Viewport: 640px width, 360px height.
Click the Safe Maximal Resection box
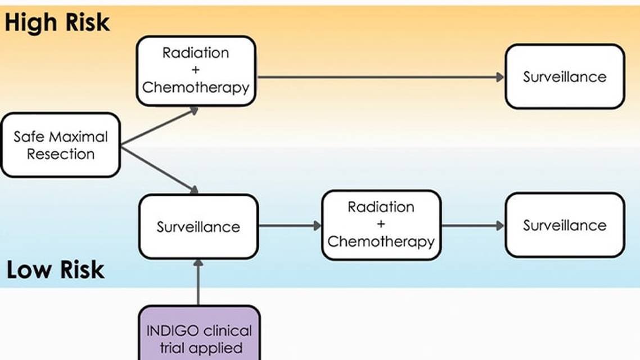[60, 145]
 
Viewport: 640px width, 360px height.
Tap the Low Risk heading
[56, 270]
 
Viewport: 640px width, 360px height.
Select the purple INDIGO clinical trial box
[199, 334]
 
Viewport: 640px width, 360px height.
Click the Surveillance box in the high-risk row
[565, 76]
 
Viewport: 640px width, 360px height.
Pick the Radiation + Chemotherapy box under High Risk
[196, 70]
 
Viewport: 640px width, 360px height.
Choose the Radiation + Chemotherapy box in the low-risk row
[381, 224]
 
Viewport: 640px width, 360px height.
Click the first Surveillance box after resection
[198, 227]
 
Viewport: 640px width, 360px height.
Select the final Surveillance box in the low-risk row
[565, 225]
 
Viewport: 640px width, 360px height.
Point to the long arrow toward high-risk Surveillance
[380, 77]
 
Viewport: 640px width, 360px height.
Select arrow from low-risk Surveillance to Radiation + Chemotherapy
[290, 226]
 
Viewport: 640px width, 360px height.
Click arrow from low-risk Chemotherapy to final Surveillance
[472, 226]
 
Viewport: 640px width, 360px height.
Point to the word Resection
[61, 154]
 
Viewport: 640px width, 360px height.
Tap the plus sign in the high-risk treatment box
[196, 70]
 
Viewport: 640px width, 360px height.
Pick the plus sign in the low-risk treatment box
[381, 224]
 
